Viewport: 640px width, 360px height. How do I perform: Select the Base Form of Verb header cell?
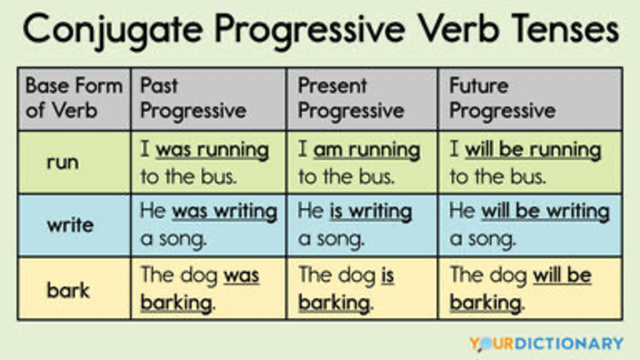(74, 98)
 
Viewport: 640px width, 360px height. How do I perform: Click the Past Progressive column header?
(209, 98)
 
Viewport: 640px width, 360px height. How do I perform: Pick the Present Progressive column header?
(362, 98)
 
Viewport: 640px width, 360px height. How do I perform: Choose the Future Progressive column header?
(530, 98)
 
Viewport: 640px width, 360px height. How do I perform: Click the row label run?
(63, 162)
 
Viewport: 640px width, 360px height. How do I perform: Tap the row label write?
(70, 225)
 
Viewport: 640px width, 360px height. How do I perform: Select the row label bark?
(68, 290)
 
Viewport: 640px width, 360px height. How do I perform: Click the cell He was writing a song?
(209, 226)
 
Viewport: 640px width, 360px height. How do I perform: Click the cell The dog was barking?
(209, 289)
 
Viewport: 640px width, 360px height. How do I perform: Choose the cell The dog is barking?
(362, 289)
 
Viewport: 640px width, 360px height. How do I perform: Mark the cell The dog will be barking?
(530, 289)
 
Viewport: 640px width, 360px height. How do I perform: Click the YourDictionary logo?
(546, 343)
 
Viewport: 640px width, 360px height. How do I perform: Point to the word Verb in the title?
(458, 29)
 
